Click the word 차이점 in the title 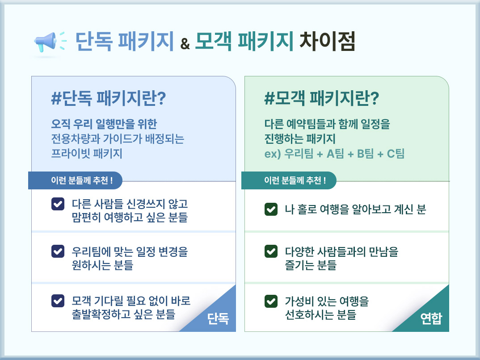pyautogui.click(x=327, y=41)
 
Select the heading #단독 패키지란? pyautogui.click(x=108, y=98)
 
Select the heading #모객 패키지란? pyautogui.click(x=321, y=98)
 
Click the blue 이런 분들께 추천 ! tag pyautogui.click(x=75, y=180)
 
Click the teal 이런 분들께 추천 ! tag pyautogui.click(x=289, y=180)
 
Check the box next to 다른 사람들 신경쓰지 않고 pyautogui.click(x=58, y=204)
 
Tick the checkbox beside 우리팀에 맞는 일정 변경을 pyautogui.click(x=58, y=251)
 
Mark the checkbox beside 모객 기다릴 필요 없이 pyautogui.click(x=58, y=301)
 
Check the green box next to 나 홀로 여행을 pyautogui.click(x=271, y=209)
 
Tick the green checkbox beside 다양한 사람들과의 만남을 pyautogui.click(x=271, y=251)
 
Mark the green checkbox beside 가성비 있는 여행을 pyautogui.click(x=271, y=301)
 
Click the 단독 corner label pyautogui.click(x=218, y=319)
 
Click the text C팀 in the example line pyautogui.click(x=396, y=154)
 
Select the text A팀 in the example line pyautogui.click(x=336, y=154)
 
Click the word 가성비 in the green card pyautogui.click(x=297, y=301)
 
